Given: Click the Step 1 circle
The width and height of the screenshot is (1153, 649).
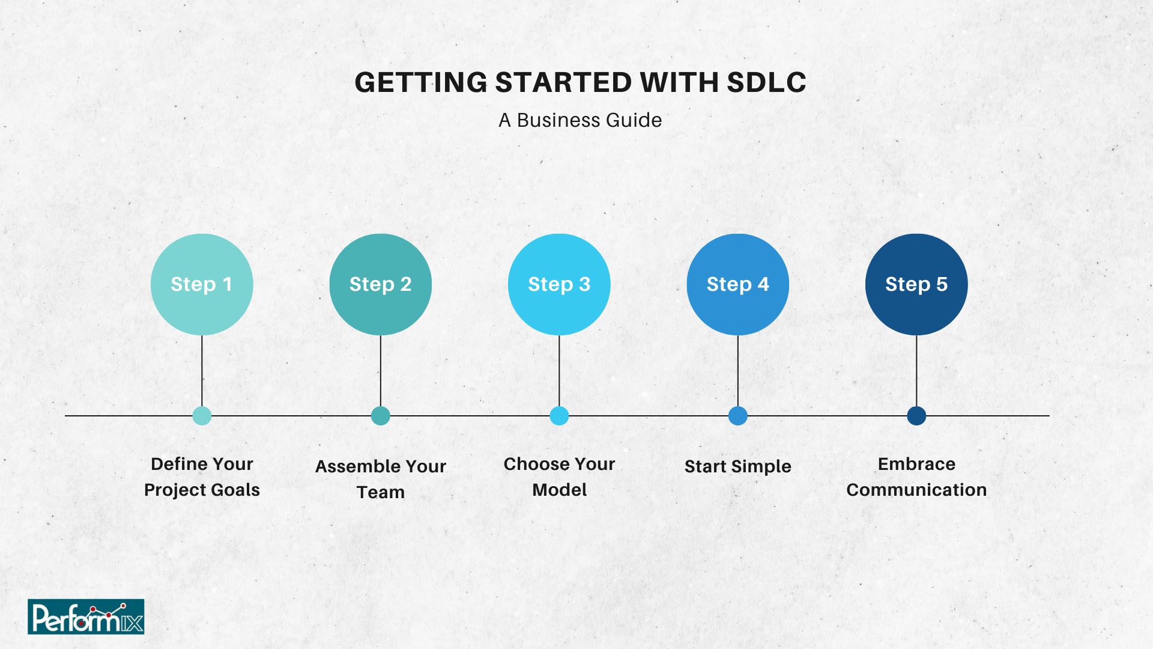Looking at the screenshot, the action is tap(202, 284).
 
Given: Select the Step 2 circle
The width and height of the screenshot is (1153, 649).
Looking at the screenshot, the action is tap(381, 284).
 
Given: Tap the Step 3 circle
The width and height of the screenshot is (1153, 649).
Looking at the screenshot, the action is tap(559, 284).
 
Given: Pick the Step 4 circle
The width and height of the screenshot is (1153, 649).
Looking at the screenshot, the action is tap(738, 284).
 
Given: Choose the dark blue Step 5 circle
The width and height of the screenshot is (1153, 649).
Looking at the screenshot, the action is tap(916, 284).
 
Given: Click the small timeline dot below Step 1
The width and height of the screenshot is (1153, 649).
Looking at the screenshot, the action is tap(202, 416).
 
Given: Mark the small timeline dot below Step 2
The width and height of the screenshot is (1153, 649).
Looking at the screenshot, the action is tap(381, 416).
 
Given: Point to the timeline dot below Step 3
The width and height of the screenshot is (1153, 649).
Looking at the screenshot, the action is tap(559, 416).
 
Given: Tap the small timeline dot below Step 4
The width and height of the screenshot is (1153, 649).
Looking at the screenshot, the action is tap(738, 416).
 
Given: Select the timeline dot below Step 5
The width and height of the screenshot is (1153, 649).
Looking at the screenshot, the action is tap(916, 416).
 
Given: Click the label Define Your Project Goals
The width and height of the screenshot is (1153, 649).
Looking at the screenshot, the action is tap(202, 477).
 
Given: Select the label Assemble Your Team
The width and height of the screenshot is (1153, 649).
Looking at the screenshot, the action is tap(381, 479).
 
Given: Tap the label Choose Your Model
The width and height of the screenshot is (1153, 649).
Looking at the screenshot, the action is tap(559, 477).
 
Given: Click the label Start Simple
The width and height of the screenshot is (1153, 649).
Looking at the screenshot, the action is tap(738, 466).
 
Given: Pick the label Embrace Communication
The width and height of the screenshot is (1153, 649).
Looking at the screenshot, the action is tap(916, 477).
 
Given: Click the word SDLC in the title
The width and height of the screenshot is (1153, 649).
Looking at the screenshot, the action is tap(766, 82).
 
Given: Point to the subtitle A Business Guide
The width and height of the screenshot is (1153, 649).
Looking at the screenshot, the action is tap(580, 120).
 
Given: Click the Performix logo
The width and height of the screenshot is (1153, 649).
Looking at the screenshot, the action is tap(86, 617).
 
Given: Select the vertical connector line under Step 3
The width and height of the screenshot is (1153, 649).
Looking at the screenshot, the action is tap(559, 371).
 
